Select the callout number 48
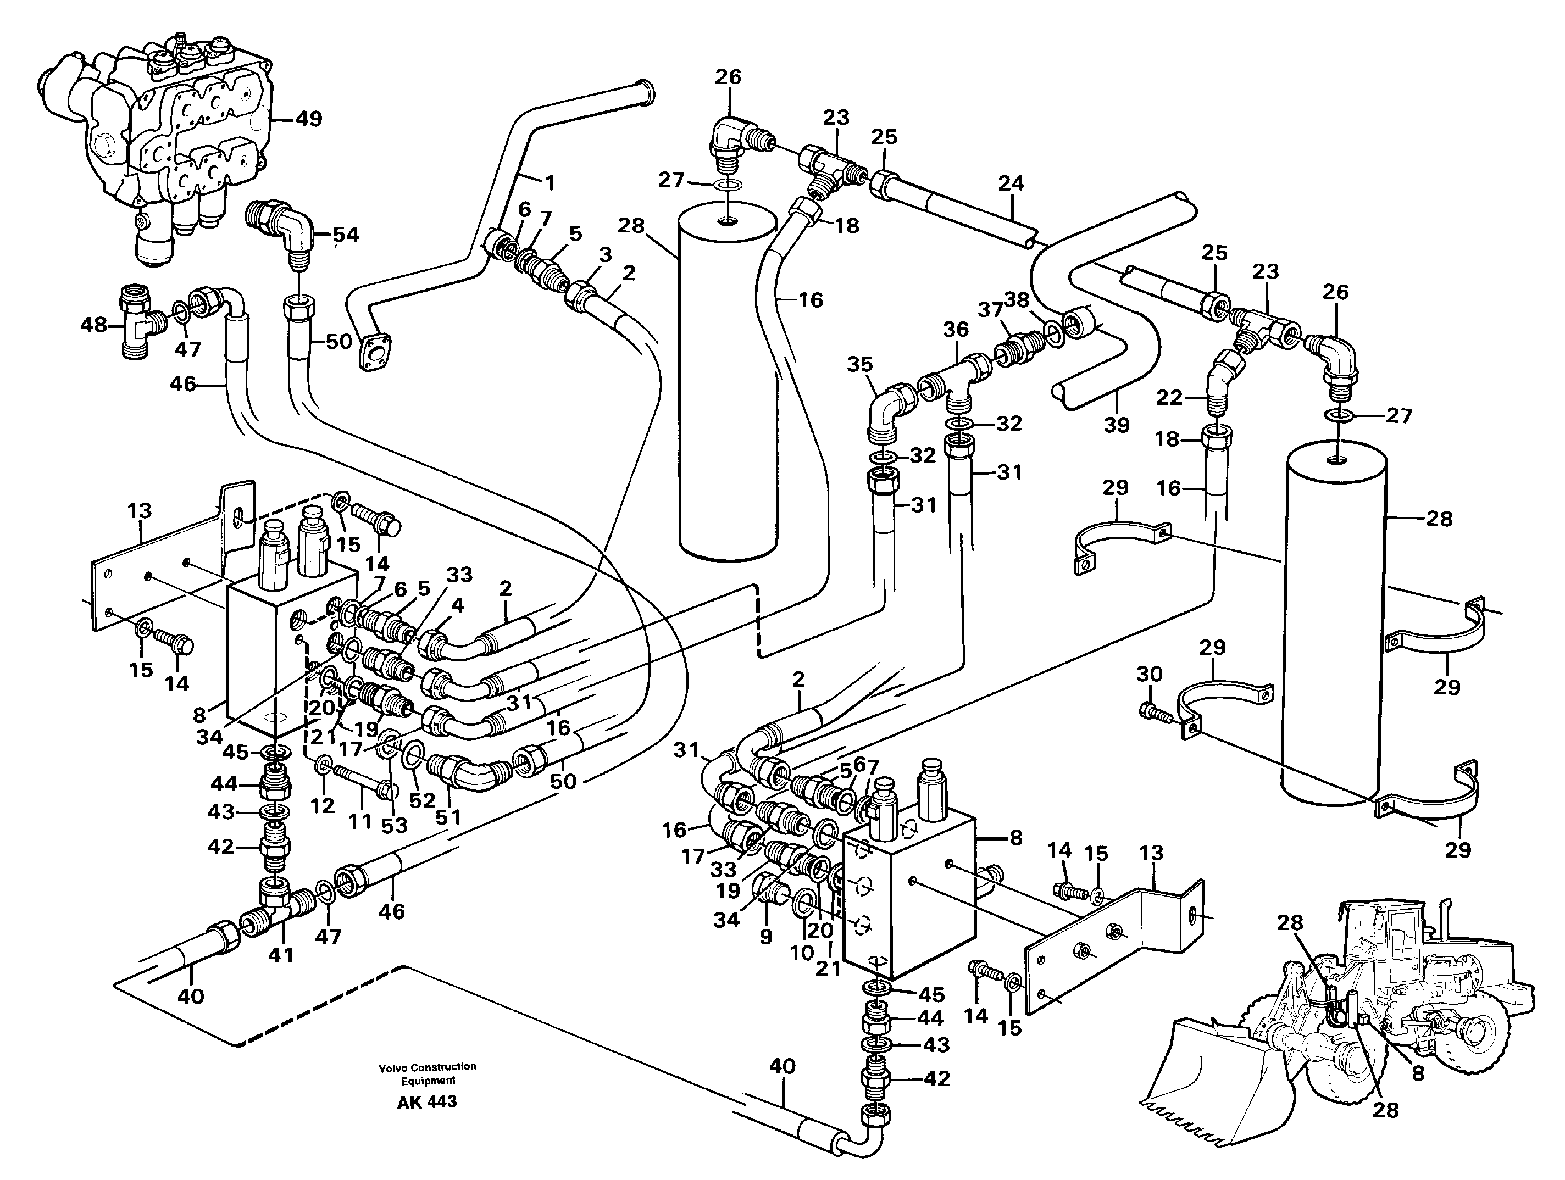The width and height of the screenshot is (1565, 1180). click(x=93, y=325)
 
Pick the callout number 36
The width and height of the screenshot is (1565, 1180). click(x=955, y=329)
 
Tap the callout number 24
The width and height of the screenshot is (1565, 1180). click(x=1011, y=183)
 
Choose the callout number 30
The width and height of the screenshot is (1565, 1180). click(x=1149, y=674)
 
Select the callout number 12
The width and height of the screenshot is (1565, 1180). click(x=323, y=805)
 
